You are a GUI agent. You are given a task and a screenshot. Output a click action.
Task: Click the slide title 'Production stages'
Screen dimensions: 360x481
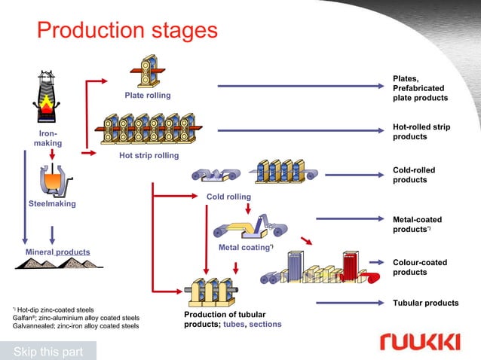[x=127, y=30]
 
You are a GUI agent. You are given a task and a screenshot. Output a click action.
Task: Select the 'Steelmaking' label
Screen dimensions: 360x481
[x=51, y=204]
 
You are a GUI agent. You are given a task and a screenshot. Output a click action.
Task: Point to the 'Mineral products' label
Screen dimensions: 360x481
[x=58, y=252]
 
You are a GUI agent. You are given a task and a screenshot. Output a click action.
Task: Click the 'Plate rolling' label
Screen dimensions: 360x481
[x=148, y=96]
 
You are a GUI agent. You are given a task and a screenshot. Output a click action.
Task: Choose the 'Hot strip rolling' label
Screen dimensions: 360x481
[x=149, y=156]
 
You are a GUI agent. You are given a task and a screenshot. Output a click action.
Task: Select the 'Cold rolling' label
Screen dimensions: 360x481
[x=228, y=197]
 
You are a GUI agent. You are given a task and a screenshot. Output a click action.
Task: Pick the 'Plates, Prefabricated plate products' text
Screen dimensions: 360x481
[x=420, y=88]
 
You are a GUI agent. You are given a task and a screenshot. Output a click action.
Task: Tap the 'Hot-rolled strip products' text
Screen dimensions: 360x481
[x=421, y=132]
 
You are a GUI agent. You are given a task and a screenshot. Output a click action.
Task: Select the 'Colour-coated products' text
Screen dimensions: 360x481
[x=420, y=267]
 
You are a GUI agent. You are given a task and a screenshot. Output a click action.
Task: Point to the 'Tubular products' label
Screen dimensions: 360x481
[x=425, y=303]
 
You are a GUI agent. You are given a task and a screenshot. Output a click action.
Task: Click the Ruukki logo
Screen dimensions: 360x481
[x=419, y=343]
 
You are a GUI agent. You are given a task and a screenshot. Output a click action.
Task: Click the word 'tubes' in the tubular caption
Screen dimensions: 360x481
[x=234, y=325]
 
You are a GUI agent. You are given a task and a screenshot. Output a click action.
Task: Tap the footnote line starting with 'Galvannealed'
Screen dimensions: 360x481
[x=75, y=326]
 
